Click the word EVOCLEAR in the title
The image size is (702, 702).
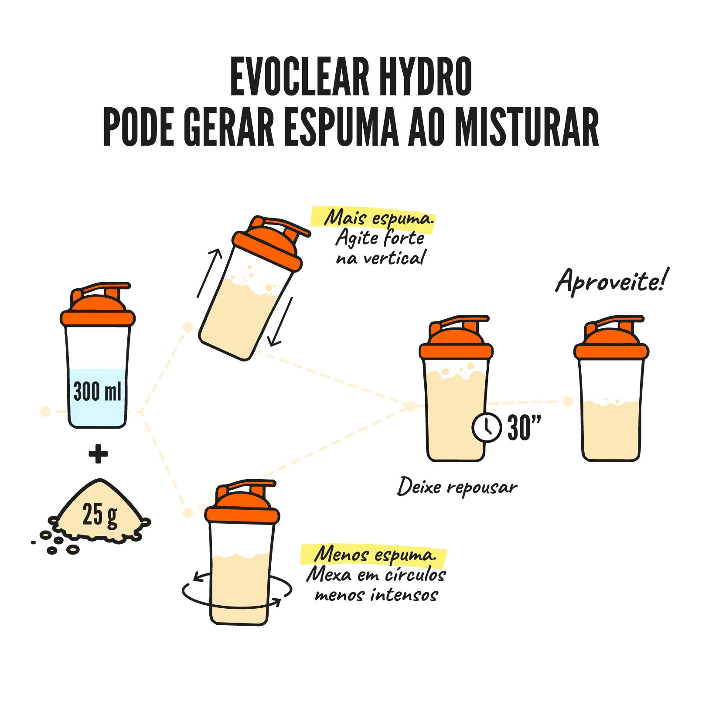(300, 77)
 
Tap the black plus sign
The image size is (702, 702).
(98, 454)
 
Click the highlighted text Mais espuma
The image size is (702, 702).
(379, 218)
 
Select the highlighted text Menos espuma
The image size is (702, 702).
(375, 555)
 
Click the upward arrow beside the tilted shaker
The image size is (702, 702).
(210, 273)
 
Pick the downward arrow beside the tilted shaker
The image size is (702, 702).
(280, 322)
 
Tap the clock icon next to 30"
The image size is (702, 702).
(487, 427)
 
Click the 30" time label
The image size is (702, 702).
(524, 428)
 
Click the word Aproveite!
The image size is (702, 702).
(612, 281)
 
